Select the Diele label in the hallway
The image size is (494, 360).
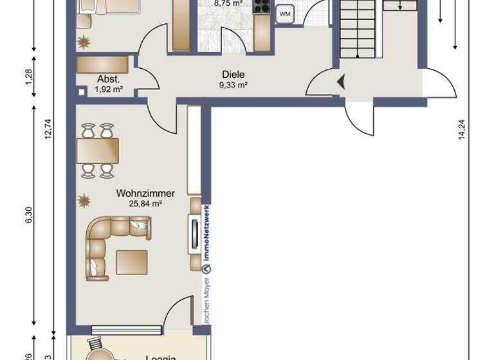(233, 75)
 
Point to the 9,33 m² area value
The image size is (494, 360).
(234, 85)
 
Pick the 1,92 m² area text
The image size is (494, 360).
(109, 89)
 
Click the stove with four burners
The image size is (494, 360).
(261, 6)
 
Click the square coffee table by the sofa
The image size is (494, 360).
(132, 262)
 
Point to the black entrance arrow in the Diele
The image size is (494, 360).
(341, 82)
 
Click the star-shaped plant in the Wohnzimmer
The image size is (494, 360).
(84, 201)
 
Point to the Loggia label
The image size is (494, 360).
(161, 357)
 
